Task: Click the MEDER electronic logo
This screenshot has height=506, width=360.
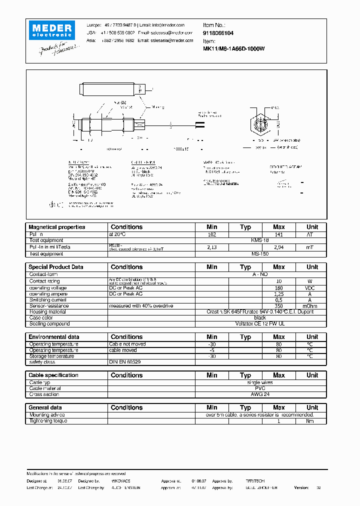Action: point(51,29)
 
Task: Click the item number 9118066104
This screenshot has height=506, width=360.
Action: point(218,32)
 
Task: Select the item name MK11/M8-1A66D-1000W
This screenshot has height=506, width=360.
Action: point(233,49)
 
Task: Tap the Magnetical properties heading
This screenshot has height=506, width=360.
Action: point(56,227)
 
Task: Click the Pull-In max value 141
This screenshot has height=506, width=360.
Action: point(279,234)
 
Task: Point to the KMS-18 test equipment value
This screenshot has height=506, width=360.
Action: point(260,240)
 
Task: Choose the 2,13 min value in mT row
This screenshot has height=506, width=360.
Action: point(211,247)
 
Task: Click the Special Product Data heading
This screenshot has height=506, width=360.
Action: point(55,267)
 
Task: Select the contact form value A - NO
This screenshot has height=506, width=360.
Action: point(260,274)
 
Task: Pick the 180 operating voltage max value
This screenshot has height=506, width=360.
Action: point(279,288)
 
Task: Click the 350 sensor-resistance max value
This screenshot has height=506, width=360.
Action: point(279,306)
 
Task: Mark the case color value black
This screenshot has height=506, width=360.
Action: point(260,318)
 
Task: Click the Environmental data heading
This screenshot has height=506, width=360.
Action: point(53,337)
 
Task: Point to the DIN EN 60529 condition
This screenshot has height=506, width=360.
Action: point(125,362)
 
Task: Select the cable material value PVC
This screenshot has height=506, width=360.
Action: point(260,388)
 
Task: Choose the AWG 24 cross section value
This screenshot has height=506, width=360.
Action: point(260,394)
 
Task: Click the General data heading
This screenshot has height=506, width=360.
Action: point(45,407)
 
